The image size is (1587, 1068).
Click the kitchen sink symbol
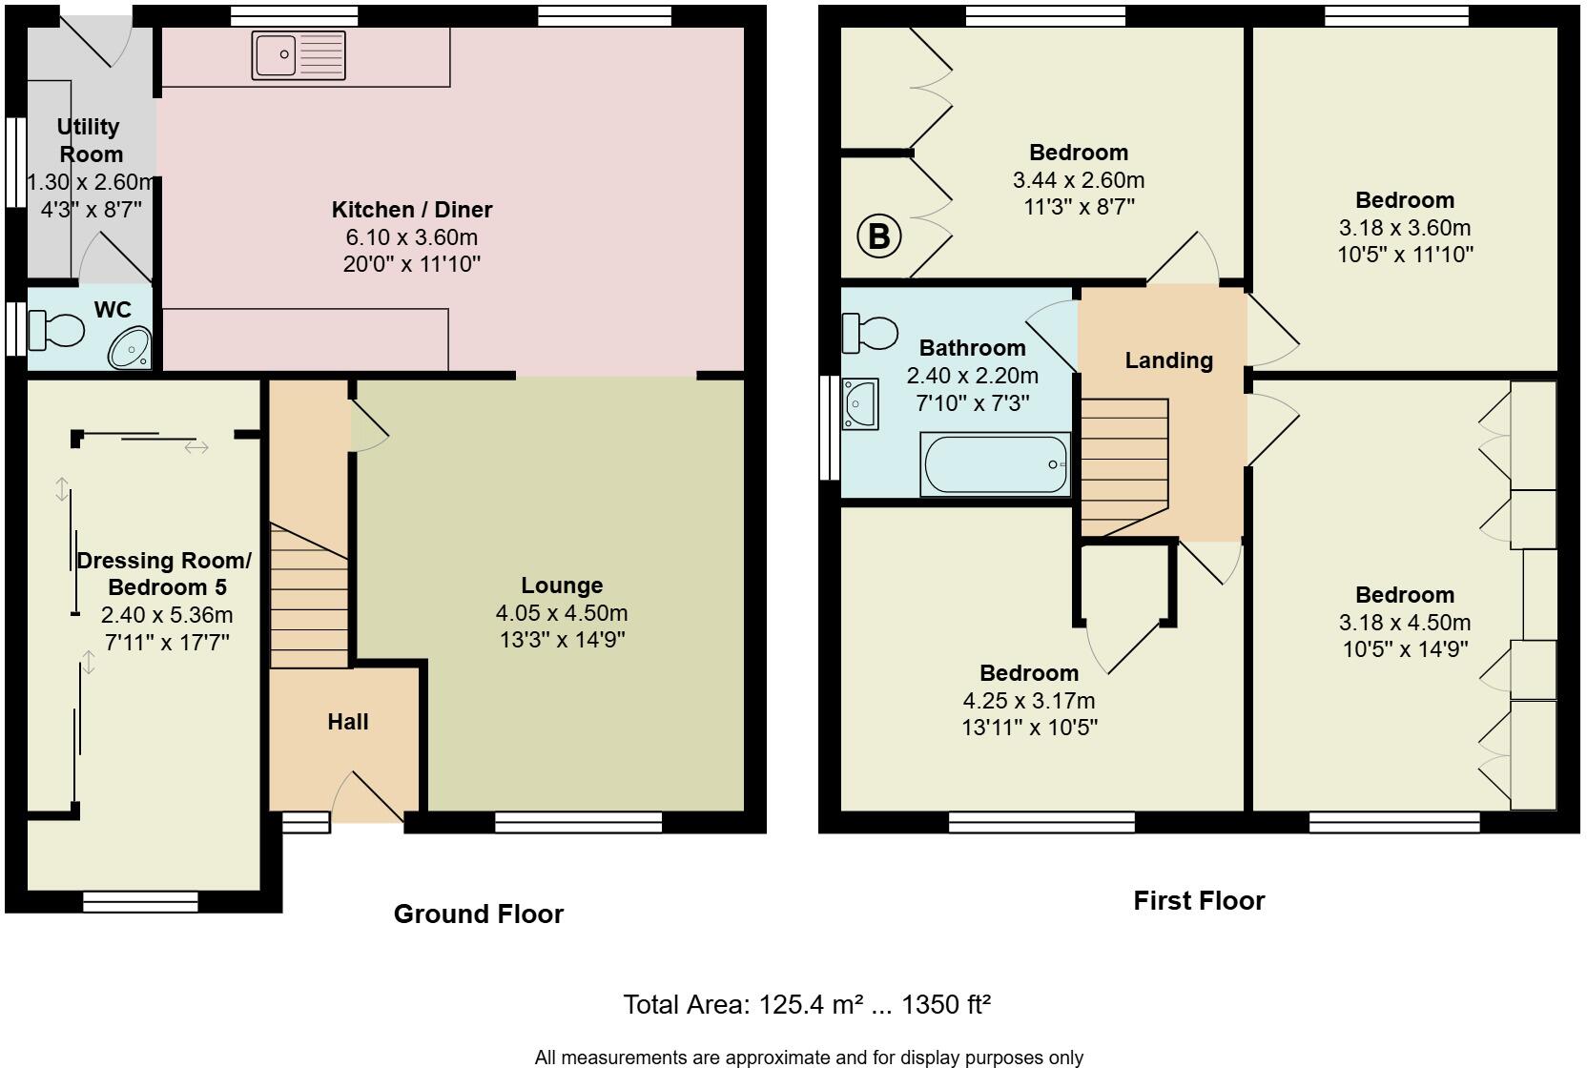coord(299,55)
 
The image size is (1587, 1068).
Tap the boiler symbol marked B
coord(878,236)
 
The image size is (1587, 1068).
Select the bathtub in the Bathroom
coord(995,464)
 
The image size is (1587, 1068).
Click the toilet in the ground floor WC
coord(56,331)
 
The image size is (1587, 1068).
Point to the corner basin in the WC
coord(131,349)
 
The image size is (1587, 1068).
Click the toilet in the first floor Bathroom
coord(870,333)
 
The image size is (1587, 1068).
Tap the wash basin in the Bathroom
coord(859,404)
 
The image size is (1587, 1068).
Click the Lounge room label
coord(562,585)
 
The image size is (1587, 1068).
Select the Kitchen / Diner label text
coord(412,210)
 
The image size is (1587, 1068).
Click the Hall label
coord(348,722)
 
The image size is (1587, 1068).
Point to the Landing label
coord(1168,360)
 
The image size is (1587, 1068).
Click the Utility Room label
coord(90,140)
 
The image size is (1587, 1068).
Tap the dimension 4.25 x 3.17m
coord(1029,701)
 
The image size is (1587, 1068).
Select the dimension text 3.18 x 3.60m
coord(1405,228)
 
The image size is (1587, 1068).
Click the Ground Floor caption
coord(479,914)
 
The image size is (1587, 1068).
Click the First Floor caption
coord(1199,901)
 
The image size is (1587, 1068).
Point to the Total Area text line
coord(807,1004)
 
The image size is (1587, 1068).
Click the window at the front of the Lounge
coord(578,822)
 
